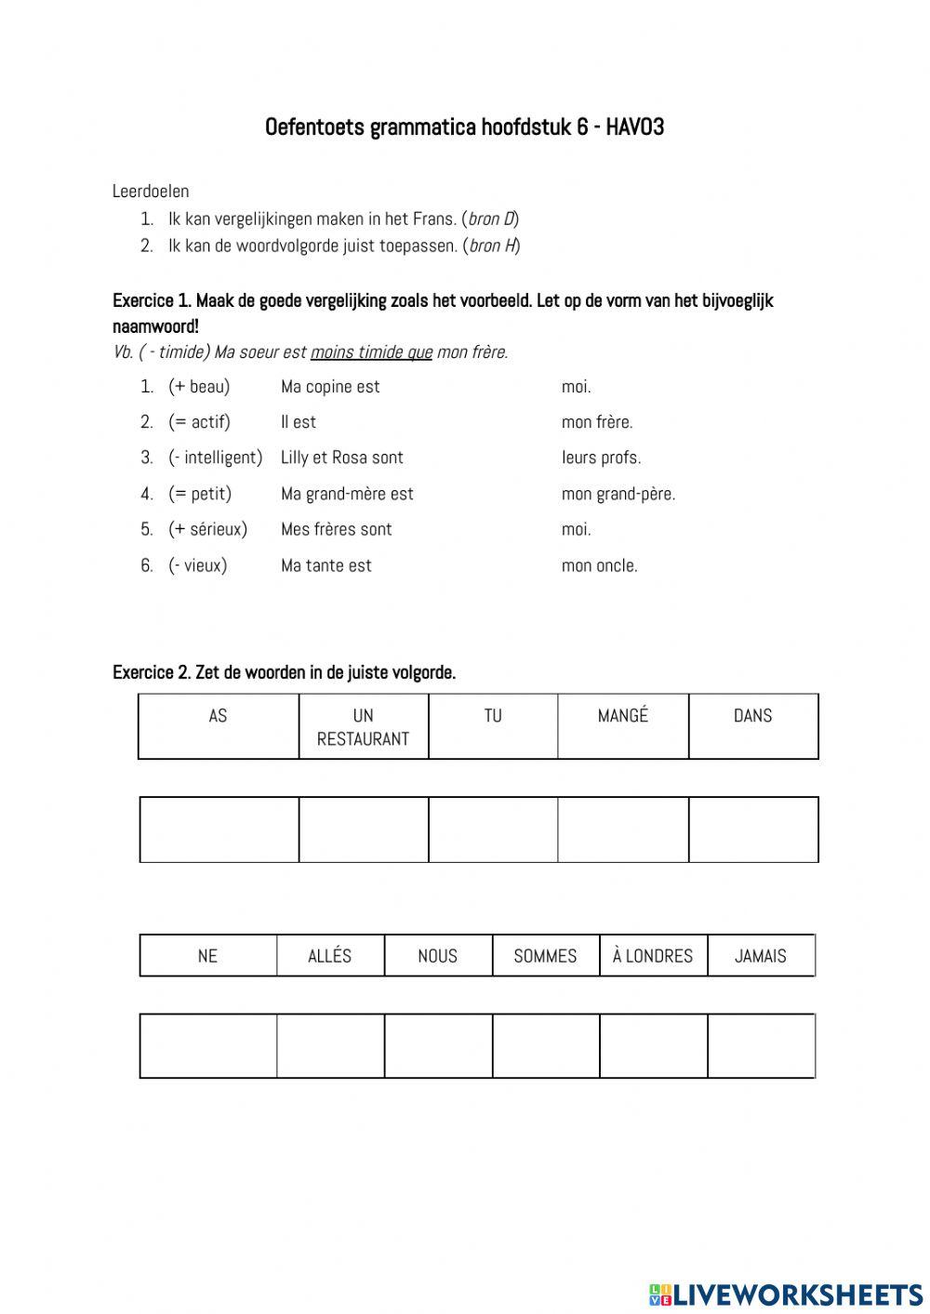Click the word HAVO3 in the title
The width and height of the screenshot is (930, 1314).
tap(635, 127)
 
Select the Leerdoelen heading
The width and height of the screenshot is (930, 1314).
tap(151, 192)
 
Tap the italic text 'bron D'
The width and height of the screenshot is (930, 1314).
tap(491, 219)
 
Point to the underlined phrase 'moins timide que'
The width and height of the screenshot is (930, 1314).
tap(371, 352)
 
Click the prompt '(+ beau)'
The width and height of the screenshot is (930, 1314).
tap(199, 387)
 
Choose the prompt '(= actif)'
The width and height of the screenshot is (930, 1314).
tap(199, 422)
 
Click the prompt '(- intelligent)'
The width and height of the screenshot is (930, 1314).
tap(216, 458)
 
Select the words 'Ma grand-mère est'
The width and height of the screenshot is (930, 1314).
tap(347, 494)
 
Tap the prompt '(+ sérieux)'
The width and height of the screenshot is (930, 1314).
tap(207, 529)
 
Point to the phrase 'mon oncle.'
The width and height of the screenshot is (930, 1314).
tap(599, 565)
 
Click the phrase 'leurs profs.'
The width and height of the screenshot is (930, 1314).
tap(601, 458)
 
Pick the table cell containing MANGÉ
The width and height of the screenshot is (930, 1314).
tap(623, 726)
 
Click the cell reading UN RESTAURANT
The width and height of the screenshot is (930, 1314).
tap(364, 726)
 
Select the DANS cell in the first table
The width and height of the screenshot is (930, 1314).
tap(753, 726)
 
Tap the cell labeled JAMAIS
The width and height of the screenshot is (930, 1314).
tap(761, 956)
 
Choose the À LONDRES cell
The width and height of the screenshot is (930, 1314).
tap(653, 956)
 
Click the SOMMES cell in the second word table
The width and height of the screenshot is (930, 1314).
tap(545, 956)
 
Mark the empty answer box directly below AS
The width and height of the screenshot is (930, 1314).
tap(219, 830)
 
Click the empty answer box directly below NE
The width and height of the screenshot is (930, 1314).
tap(208, 1046)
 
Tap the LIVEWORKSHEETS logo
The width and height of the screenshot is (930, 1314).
tap(785, 1294)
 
